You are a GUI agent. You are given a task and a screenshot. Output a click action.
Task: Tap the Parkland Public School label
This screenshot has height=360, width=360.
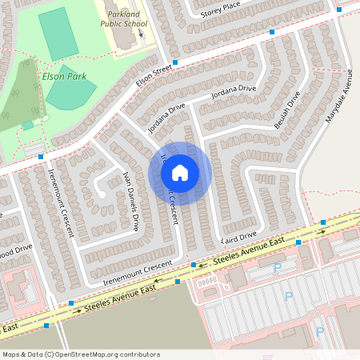pos(124,19)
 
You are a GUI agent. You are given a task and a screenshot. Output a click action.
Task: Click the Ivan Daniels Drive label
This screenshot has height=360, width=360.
pos(132,199)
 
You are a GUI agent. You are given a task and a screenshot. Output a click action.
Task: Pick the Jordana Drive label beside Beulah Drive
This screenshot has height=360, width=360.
pos(234,93)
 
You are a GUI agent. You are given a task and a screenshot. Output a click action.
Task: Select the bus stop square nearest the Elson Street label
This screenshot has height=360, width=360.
pos(175,62)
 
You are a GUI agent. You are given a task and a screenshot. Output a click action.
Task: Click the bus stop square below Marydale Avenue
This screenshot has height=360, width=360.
pos(323,222)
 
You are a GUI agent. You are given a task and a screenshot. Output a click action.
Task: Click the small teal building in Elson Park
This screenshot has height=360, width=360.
pos(28,125)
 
